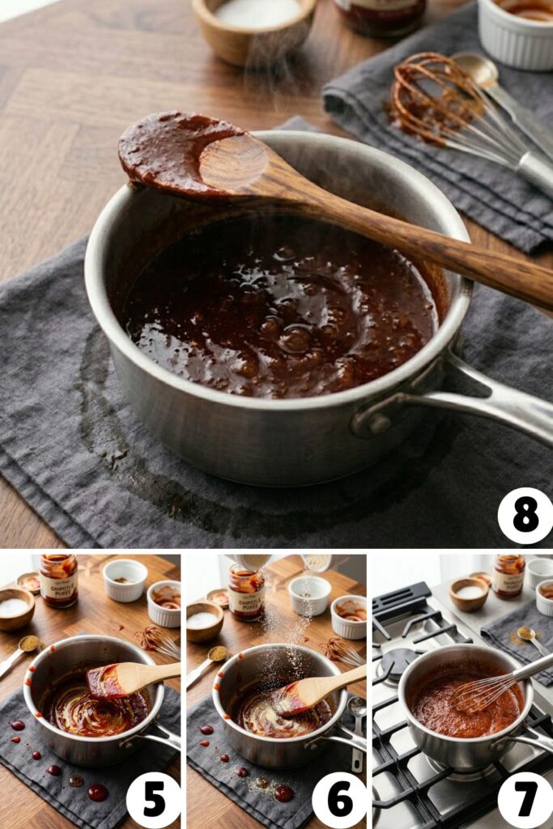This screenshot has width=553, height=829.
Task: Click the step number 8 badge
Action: (525, 516)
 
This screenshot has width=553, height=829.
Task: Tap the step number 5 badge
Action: (153, 800)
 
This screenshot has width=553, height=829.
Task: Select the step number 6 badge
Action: (339, 800)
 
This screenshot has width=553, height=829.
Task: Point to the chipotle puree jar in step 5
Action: (58, 580)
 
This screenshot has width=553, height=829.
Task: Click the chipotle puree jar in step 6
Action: (246, 592)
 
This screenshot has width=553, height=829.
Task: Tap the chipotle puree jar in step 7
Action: (509, 576)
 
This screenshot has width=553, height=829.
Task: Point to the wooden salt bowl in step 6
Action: (204, 621)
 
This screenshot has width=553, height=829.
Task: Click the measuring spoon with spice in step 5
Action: (28, 645)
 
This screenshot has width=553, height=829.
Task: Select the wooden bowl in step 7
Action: (469, 593)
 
